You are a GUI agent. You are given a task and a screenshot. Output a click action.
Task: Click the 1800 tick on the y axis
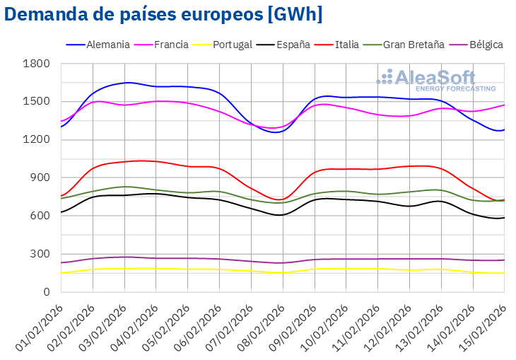coord(37,64)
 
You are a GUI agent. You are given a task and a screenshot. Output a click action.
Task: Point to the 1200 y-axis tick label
coord(37,139)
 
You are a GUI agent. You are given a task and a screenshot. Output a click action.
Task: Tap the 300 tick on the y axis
coord(40,254)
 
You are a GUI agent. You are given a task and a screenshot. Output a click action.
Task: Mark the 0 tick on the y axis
coord(47,291)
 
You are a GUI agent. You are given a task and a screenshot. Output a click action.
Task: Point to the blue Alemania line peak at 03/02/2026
coord(126,83)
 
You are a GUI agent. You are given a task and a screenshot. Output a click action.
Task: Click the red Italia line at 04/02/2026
coord(156,161)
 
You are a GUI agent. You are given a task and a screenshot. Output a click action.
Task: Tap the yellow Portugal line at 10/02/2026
coord(346,268)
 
